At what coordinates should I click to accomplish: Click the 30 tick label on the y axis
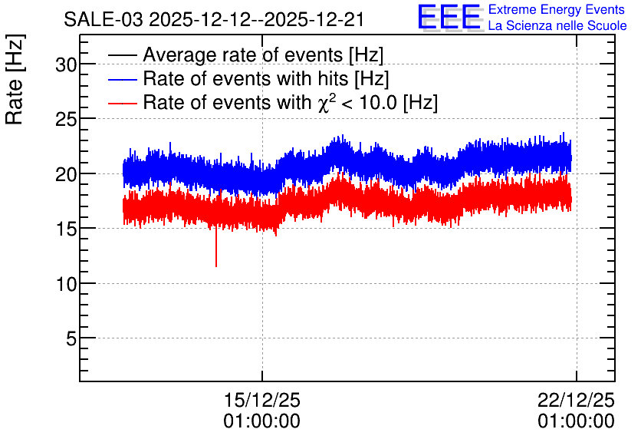pos(66,64)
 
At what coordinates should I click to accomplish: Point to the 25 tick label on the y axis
pos(66,119)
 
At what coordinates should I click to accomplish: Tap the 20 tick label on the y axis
pos(66,174)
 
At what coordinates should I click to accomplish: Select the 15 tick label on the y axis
pos(66,229)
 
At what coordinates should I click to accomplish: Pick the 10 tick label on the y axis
pos(66,284)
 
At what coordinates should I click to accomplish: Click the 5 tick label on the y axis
pos(71,338)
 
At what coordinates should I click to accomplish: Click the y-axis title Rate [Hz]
pos(15,79)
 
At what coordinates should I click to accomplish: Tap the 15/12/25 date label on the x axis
pos(262,400)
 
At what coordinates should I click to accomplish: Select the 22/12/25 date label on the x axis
pos(576,400)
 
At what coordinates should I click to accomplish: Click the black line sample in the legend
pos(123,55)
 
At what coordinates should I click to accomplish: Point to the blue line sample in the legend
pos(123,79)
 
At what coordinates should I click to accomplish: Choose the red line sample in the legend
pos(123,103)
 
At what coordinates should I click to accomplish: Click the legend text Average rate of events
pos(243,54)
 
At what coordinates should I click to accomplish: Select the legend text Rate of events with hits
pos(245,78)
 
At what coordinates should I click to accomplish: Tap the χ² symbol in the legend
pos(327,101)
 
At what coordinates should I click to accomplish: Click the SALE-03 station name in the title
pos(104,20)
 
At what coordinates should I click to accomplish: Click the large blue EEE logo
pos(449,17)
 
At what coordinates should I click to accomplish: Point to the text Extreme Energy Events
pos(557,9)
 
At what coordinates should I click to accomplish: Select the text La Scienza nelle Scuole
pos(557,26)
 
